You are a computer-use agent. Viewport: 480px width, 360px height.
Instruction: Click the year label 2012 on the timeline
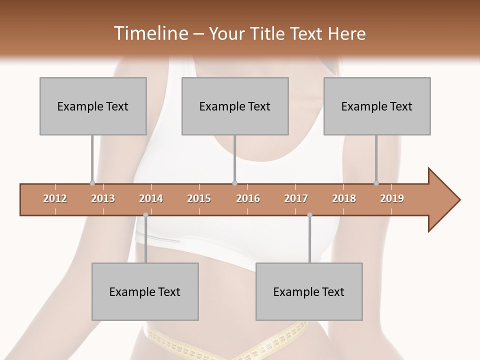click(x=55, y=198)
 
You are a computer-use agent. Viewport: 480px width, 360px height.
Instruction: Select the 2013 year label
click(x=103, y=198)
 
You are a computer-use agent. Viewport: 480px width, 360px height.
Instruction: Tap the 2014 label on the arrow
click(x=151, y=198)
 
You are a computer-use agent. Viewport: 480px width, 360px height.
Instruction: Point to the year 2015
click(x=199, y=198)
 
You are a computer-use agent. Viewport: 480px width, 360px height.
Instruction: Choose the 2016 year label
click(x=248, y=198)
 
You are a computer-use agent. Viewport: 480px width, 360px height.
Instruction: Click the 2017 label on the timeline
click(x=296, y=198)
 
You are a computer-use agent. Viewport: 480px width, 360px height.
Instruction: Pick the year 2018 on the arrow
click(x=344, y=198)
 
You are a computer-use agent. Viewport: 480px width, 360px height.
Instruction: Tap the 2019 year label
click(x=392, y=198)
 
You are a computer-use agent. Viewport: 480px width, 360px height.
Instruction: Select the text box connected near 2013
click(x=93, y=106)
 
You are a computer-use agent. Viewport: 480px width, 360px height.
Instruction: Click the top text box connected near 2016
click(x=235, y=106)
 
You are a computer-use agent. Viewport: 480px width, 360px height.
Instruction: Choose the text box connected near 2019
click(x=377, y=106)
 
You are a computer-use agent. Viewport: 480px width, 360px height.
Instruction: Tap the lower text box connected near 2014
click(x=145, y=291)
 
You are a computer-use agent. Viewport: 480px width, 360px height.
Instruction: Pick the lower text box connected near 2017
click(x=309, y=291)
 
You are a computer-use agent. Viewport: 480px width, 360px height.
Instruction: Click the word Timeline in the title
click(x=150, y=33)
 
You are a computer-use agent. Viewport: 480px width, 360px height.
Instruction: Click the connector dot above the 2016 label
click(x=234, y=183)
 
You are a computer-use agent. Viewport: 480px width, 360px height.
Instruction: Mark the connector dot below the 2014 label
click(x=145, y=215)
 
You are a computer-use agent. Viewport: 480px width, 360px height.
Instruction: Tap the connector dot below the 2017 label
click(x=309, y=215)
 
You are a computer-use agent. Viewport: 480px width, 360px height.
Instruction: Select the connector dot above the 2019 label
click(x=376, y=183)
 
